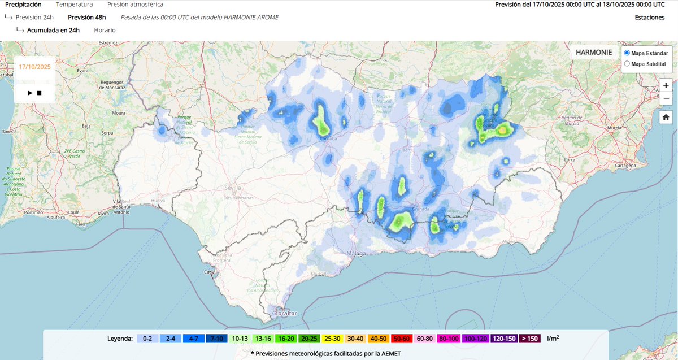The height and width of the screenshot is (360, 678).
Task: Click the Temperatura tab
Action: (x=74, y=5)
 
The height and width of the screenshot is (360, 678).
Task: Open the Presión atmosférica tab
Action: (x=135, y=5)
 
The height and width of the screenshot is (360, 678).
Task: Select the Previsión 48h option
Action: (x=86, y=17)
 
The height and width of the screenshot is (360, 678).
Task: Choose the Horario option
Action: (x=105, y=30)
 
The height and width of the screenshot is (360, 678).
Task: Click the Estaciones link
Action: (x=650, y=18)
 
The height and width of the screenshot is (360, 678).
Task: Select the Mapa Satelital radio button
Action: (x=627, y=64)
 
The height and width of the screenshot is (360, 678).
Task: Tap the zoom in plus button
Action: (x=666, y=85)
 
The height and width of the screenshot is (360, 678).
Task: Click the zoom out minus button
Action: (x=666, y=98)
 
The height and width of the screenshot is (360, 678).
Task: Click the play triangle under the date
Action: (x=30, y=93)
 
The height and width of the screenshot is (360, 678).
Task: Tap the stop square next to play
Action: (x=39, y=93)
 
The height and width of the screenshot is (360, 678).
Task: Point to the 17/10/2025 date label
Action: (x=34, y=66)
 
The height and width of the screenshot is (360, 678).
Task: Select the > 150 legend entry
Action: (x=530, y=339)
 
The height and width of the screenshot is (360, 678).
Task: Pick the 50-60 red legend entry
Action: (x=401, y=339)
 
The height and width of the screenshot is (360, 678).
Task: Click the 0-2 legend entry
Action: (x=147, y=339)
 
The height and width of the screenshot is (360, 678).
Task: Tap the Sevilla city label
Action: (x=232, y=188)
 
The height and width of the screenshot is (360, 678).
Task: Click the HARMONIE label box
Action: (x=594, y=53)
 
